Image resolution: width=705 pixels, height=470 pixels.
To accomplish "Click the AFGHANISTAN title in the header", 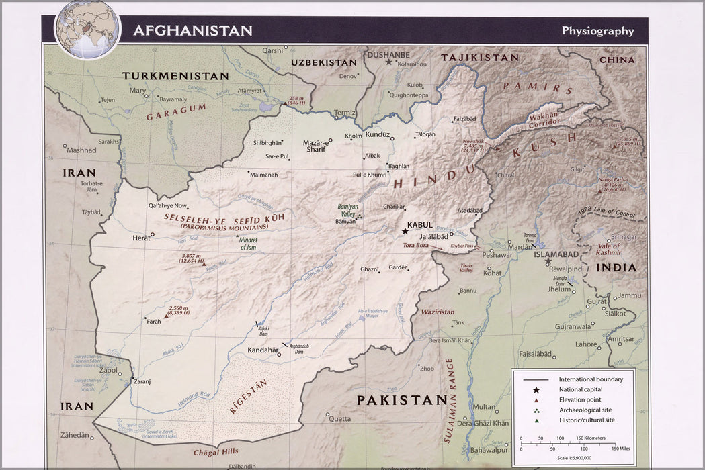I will [192, 30].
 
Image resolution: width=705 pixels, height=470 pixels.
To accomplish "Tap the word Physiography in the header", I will [597, 30].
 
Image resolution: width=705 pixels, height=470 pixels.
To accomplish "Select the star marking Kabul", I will [405, 231].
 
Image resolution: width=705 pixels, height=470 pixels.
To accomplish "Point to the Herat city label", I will [141, 238].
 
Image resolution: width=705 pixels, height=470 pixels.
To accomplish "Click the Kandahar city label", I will [262, 350].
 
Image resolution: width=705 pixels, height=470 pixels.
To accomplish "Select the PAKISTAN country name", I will [401, 400].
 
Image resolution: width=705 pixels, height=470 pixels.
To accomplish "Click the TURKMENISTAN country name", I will [175, 76].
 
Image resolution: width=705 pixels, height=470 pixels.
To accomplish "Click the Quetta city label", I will [339, 418].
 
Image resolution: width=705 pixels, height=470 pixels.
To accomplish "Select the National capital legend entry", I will [580, 389].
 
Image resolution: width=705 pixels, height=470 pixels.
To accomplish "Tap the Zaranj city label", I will [142, 381].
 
